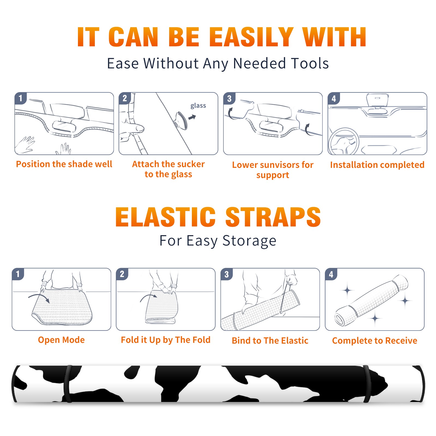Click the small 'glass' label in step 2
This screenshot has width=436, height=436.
pyautogui.click(x=198, y=106)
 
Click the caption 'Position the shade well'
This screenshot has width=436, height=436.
pyautogui.click(x=64, y=164)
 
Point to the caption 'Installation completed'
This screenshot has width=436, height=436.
pyautogui.click(x=377, y=165)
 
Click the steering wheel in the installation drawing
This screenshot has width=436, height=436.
pyautogui.click(x=344, y=141)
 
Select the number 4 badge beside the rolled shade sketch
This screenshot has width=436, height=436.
pyautogui.click(x=331, y=274)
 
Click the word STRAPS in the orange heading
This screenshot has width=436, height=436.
pyautogui.click(x=273, y=217)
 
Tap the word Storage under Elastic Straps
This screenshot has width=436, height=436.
pyautogui.click(x=249, y=241)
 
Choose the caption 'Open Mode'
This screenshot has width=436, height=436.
pyautogui.click(x=61, y=340)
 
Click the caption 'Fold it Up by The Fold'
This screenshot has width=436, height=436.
pyautogui.click(x=166, y=340)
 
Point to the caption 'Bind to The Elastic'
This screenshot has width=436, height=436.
pyautogui.click(x=270, y=341)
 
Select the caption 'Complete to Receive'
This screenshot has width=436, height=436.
pyautogui.click(x=375, y=341)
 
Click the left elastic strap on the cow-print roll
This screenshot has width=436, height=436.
pyautogui.click(x=68, y=384)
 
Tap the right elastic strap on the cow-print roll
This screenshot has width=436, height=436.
pyautogui.click(x=367, y=384)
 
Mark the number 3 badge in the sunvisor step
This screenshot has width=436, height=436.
pyautogui.click(x=229, y=99)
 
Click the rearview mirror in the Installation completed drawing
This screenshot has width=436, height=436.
pyautogui.click(x=378, y=100)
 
